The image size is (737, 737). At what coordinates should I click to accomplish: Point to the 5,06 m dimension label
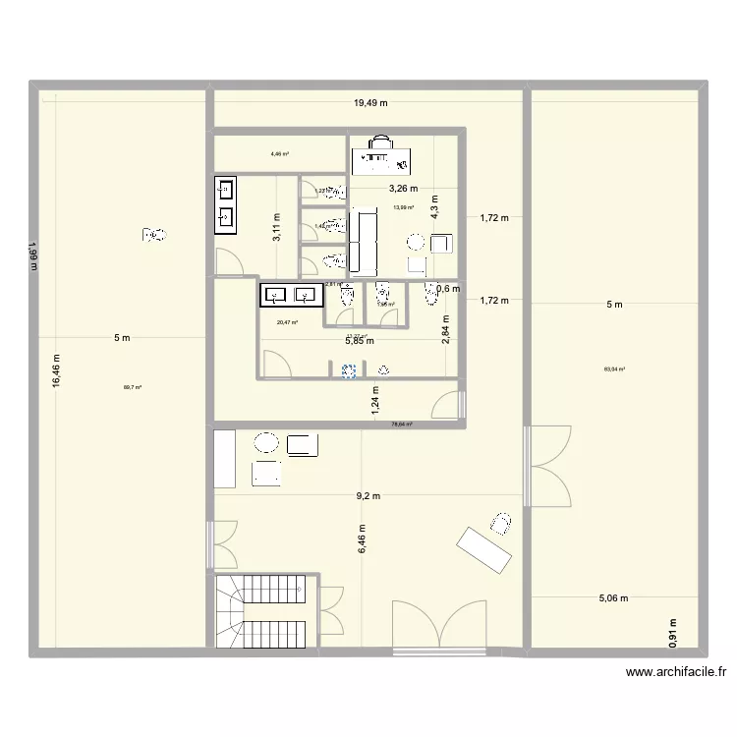tap(614, 596)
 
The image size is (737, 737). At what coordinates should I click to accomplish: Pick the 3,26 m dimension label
tap(403, 189)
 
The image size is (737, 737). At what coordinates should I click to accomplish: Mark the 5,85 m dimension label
tap(359, 341)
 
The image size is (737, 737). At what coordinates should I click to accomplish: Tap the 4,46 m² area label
tap(279, 153)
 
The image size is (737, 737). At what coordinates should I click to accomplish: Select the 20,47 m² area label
tap(287, 321)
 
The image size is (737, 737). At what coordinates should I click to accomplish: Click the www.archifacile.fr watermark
tap(675, 673)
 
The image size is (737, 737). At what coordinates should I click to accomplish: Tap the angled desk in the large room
tap(483, 548)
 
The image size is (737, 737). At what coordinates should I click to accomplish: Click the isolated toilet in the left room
tap(154, 235)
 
